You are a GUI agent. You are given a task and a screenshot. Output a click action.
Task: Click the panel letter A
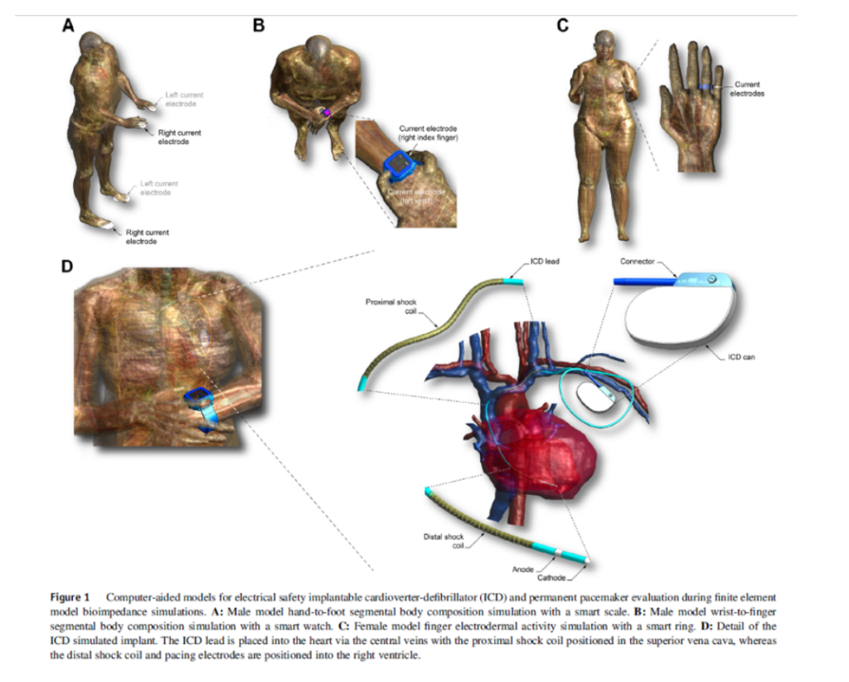click(x=70, y=26)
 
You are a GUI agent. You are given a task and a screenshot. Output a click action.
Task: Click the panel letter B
click(x=259, y=26)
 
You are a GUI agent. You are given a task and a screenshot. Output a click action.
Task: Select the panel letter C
click(x=563, y=26)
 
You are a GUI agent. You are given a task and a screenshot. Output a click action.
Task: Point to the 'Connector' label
click(x=637, y=261)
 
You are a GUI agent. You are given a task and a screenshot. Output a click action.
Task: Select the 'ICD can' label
click(x=741, y=358)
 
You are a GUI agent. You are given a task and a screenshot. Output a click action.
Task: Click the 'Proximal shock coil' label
click(x=391, y=307)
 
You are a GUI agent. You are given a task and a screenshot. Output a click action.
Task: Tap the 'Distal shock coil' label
click(x=444, y=541)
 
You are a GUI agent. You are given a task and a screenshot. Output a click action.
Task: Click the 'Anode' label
click(x=522, y=569)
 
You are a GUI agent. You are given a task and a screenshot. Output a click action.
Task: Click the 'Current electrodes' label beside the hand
click(x=749, y=89)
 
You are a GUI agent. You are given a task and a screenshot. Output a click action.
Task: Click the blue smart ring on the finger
click(x=704, y=86)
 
